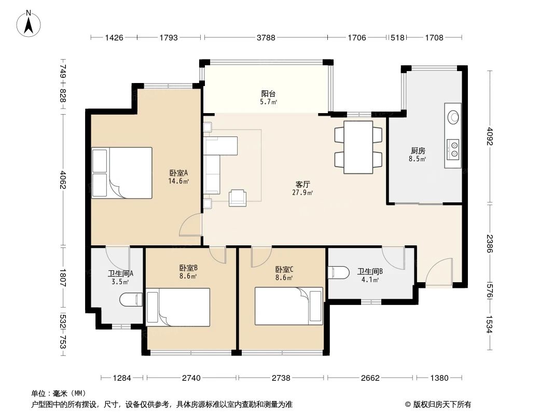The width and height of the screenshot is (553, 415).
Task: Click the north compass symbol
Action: tap(29, 23)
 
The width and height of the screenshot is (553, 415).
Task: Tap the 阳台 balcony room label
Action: tap(268, 94)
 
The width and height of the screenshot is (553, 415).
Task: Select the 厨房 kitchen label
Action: tap(418, 151)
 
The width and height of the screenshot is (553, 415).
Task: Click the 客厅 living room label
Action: tap(303, 185)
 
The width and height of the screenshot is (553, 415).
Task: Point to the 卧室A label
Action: tap(178, 173)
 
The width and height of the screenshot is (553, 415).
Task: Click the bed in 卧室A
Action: tap(122, 173)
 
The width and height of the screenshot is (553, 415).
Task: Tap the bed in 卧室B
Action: tap(178, 307)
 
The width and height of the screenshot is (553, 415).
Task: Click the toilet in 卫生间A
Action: tap(131, 300)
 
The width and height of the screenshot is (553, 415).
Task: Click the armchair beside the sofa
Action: tap(238, 197)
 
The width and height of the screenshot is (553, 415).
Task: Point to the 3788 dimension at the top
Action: tap(265, 37)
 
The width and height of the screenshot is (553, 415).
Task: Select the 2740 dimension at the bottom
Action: tap(191, 378)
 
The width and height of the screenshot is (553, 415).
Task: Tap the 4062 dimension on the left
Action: tap(63, 180)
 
